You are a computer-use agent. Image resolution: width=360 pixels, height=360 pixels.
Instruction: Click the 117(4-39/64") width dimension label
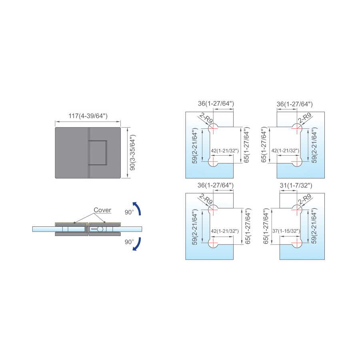(x=88, y=116)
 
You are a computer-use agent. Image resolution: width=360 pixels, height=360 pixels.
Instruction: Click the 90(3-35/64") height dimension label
(x=132, y=152)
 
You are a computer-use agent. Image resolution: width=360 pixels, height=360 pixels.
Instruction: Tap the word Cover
(x=102, y=210)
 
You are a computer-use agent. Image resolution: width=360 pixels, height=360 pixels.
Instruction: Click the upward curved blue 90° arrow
(x=137, y=208)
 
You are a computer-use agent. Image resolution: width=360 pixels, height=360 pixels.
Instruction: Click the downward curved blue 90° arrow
(x=137, y=244)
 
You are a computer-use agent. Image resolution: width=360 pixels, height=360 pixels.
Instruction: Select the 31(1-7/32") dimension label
(x=296, y=185)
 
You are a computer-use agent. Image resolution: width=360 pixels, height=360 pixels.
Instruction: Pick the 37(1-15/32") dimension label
(x=286, y=231)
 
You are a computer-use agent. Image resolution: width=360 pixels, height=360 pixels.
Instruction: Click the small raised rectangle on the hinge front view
(x=98, y=153)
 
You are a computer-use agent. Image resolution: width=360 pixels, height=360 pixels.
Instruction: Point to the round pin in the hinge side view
(x=100, y=229)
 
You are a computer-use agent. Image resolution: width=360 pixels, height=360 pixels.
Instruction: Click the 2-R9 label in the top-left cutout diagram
(x=206, y=118)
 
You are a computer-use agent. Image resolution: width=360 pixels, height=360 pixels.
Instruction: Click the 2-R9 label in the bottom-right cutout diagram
(x=305, y=199)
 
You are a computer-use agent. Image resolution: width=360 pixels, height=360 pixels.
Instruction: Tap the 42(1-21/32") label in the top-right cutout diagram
(x=285, y=151)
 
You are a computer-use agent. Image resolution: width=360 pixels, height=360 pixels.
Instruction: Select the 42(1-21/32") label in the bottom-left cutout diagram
(x=225, y=231)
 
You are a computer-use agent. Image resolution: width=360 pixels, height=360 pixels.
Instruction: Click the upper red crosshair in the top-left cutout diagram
(x=213, y=128)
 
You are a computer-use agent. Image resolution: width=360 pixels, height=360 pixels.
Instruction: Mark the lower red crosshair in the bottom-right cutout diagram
(x=297, y=243)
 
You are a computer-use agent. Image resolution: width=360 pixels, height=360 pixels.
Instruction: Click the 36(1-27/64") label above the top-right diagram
(x=294, y=104)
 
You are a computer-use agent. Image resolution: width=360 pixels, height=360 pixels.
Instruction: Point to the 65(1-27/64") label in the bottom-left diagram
(x=248, y=226)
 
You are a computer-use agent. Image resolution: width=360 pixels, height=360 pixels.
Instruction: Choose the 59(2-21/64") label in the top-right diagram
(x=314, y=145)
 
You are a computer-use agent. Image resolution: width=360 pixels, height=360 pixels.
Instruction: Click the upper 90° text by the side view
(x=129, y=212)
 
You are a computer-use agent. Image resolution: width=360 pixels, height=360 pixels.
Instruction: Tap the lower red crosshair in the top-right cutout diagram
(x=297, y=162)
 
